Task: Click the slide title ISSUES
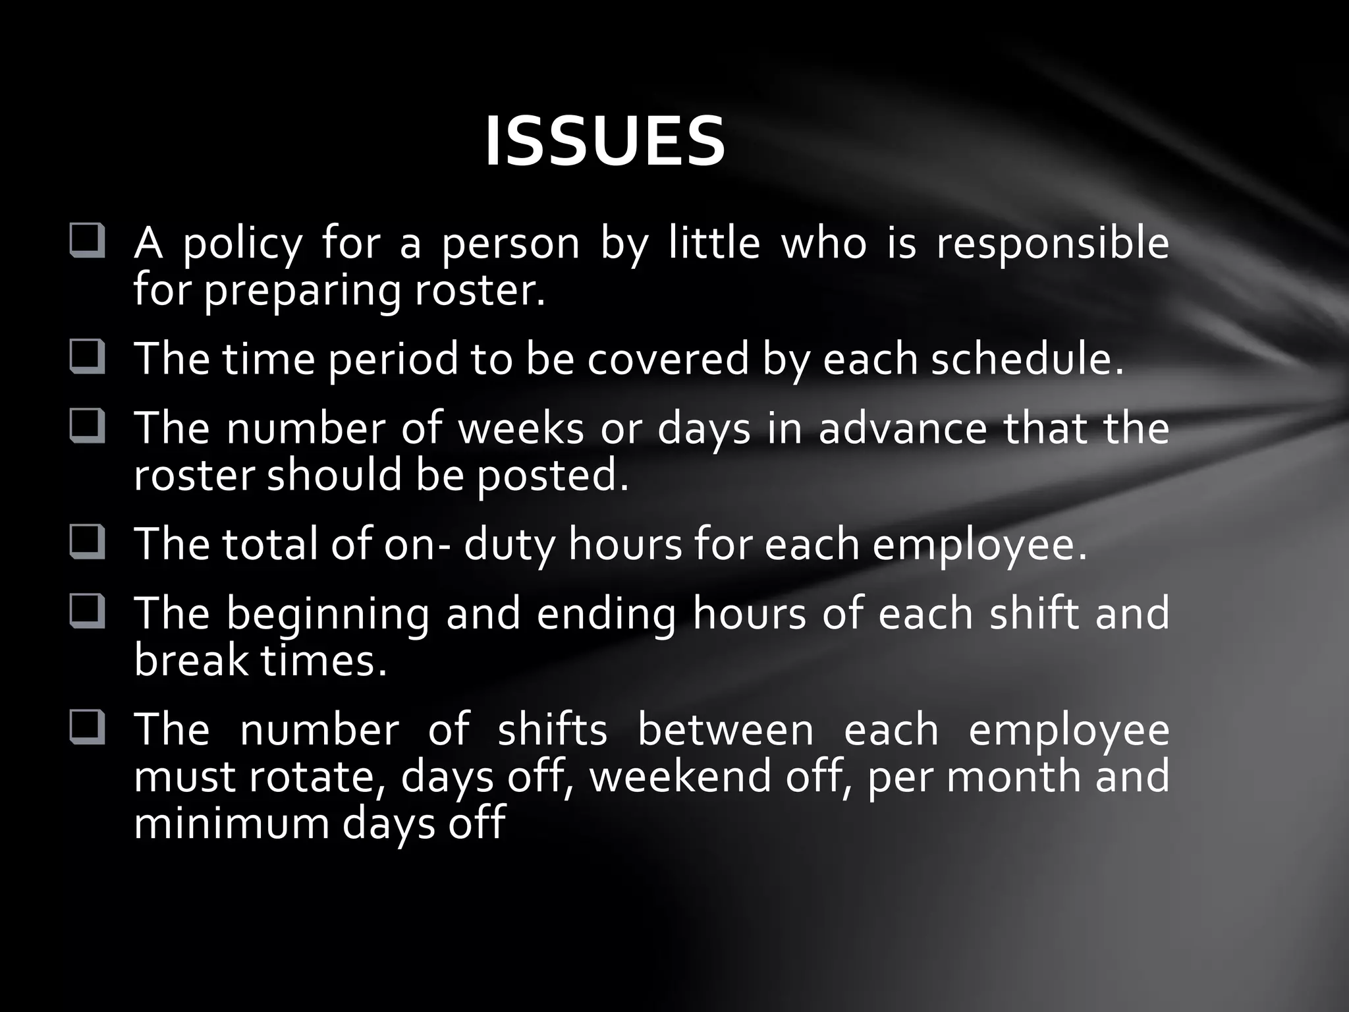point(605,142)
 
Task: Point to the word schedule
point(1026,360)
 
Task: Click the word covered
point(668,360)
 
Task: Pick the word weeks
point(520,428)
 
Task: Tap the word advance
point(902,428)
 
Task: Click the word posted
point(552,476)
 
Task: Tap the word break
point(192,661)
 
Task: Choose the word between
point(726,731)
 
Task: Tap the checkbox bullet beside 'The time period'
point(87,357)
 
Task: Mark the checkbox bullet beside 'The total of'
point(87,542)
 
